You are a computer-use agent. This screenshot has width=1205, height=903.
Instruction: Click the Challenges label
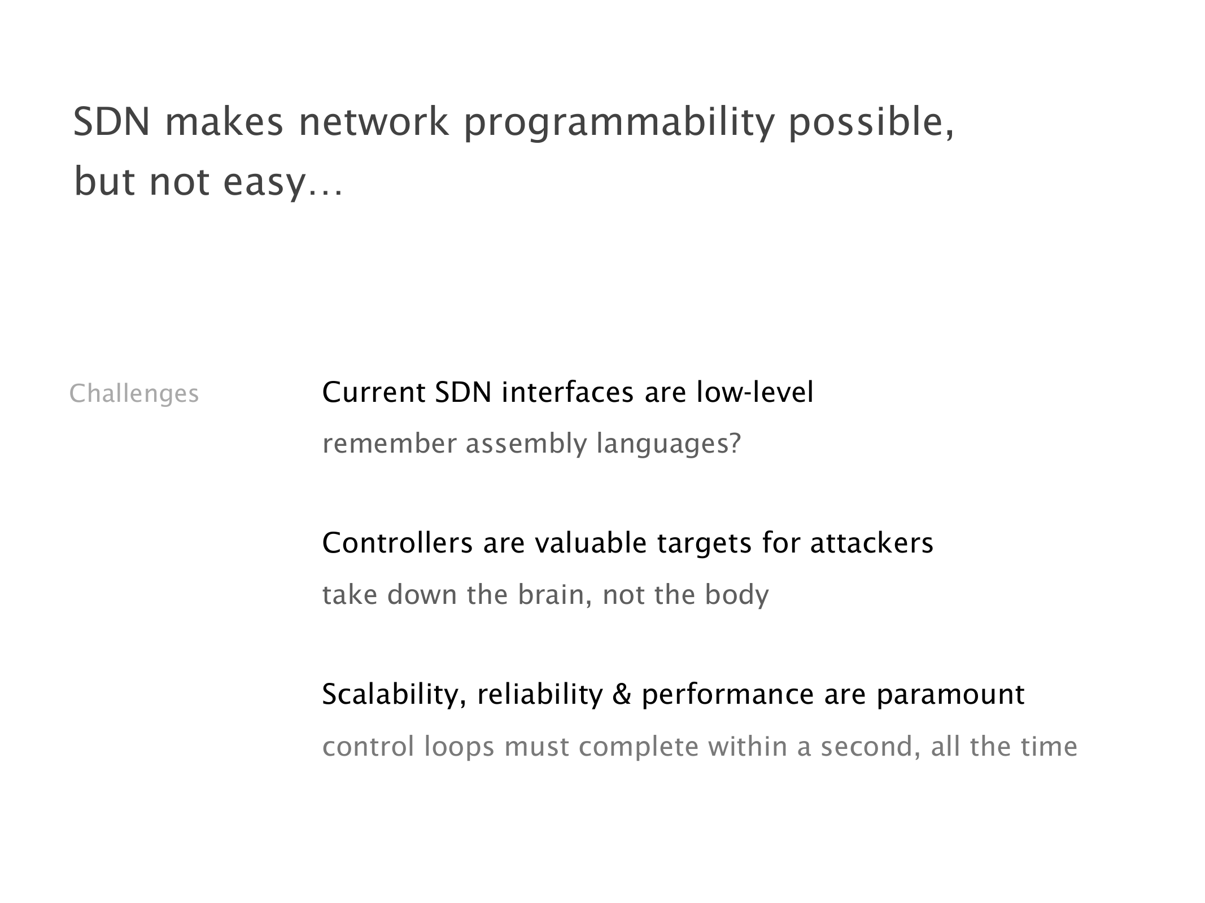[x=134, y=393]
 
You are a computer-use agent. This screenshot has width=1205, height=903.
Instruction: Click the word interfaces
[x=567, y=392]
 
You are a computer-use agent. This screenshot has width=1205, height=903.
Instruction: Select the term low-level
[x=755, y=392]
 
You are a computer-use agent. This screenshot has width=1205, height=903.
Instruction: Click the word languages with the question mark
[x=669, y=444]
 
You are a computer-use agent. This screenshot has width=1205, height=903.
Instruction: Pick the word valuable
[x=591, y=543]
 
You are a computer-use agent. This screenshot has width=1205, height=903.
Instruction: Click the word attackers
[x=872, y=543]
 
